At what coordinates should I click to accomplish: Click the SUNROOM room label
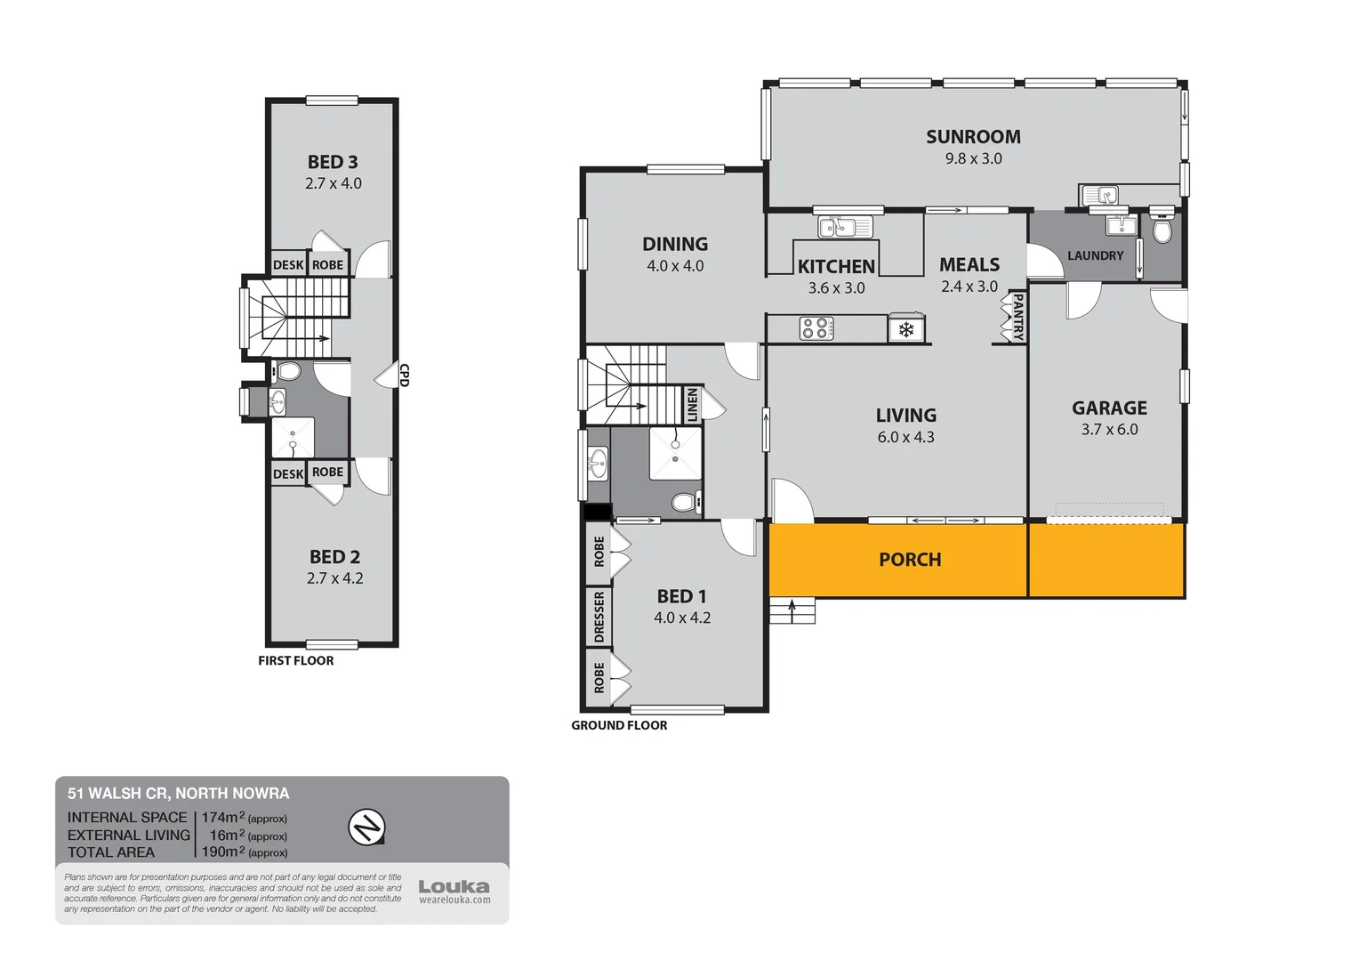coord(973,137)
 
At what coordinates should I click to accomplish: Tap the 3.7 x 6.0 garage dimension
coord(1109,430)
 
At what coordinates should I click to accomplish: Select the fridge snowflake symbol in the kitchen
coord(906,330)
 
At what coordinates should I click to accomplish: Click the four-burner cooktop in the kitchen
coord(816,328)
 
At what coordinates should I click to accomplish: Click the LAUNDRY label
coord(1095,256)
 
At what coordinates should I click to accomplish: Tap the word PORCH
coord(909,560)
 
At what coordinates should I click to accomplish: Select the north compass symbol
coord(366,828)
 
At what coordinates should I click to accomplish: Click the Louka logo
coord(454,887)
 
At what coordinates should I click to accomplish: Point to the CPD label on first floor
coord(404,375)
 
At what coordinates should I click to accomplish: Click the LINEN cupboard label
coord(692,405)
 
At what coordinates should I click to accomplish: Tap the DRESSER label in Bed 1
coord(599,617)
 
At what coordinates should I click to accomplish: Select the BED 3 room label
coord(333,162)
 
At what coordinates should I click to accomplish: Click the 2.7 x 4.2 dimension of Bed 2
coord(334,578)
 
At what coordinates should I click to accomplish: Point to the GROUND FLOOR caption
coord(619,725)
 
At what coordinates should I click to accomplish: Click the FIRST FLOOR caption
coord(295,660)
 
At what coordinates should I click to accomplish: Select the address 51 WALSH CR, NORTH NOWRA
coord(178,793)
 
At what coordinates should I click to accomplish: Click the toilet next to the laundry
coord(1162,230)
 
